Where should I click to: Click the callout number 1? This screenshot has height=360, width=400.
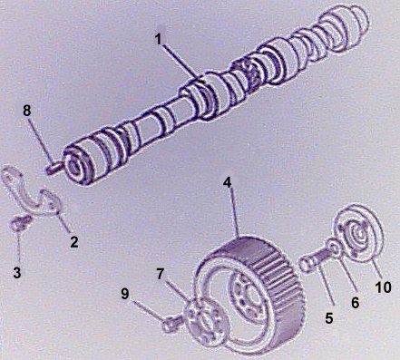tap(159, 40)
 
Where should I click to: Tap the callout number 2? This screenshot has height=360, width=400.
tap(74, 242)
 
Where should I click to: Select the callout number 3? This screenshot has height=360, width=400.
tap(17, 273)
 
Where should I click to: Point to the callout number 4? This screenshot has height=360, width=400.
tap(228, 182)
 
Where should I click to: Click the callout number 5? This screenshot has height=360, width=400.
tap(329, 317)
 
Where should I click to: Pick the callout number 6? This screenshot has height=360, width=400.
tap(356, 303)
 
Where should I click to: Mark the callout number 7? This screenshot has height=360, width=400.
tap(161, 274)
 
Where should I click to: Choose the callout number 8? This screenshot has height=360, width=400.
tap(27, 111)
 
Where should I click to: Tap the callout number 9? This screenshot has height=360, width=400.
tap(125, 293)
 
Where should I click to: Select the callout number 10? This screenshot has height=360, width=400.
tap(383, 287)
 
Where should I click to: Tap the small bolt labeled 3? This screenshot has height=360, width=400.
tap(20, 225)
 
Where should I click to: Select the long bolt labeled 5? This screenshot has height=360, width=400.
tap(315, 259)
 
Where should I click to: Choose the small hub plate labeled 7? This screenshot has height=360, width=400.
tap(205, 323)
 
